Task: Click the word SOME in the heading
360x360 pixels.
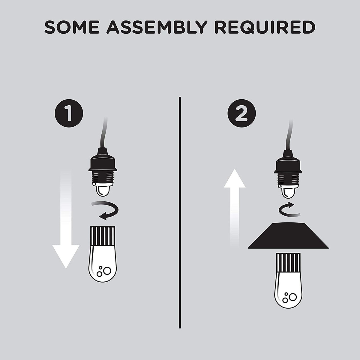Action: tap(72, 27)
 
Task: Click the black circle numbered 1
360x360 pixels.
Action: tap(69, 113)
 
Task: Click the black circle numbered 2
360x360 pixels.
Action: tap(241, 113)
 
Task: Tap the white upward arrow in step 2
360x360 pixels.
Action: tap(235, 207)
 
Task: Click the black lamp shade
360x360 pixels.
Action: tap(288, 235)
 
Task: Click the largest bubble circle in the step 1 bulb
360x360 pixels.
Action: tap(107, 271)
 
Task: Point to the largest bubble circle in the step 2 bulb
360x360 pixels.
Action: tap(292, 297)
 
